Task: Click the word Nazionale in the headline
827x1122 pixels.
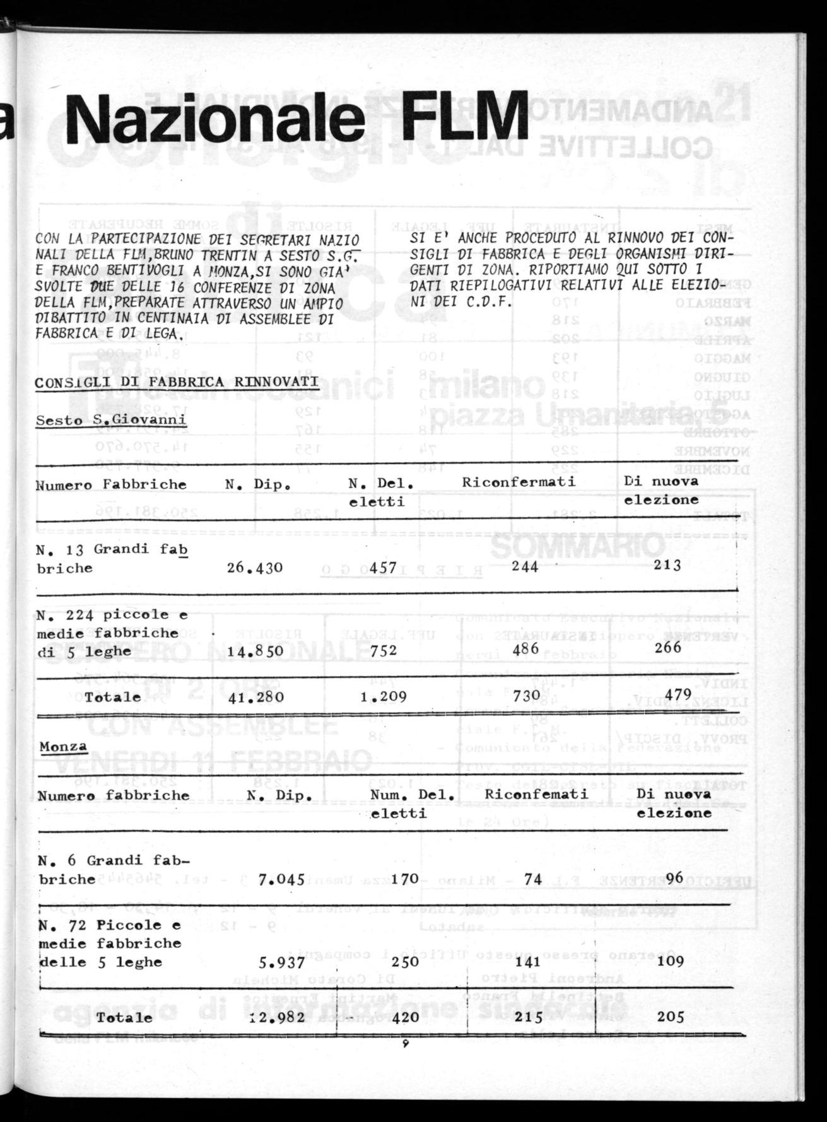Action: [214, 118]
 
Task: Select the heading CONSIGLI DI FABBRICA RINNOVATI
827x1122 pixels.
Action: [177, 383]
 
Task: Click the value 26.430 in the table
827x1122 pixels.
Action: [255, 568]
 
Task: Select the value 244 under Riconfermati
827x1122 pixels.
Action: [521, 566]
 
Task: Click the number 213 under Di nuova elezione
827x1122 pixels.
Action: [667, 565]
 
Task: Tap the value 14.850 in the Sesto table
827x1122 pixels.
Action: [255, 650]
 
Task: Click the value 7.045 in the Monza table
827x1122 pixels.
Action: [281, 879]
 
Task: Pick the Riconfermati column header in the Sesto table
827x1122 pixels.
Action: [519, 482]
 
